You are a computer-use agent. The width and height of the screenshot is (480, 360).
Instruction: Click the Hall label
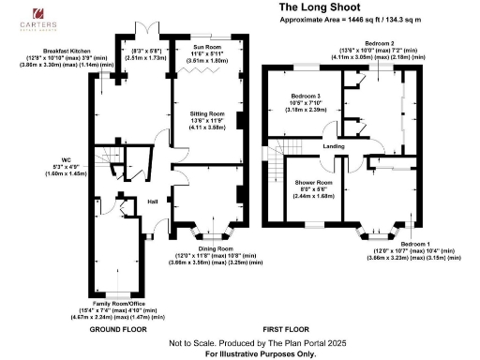pyautogui.click(x=152, y=200)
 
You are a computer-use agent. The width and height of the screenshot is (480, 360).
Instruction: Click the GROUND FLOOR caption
pyautogui.click(x=118, y=330)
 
